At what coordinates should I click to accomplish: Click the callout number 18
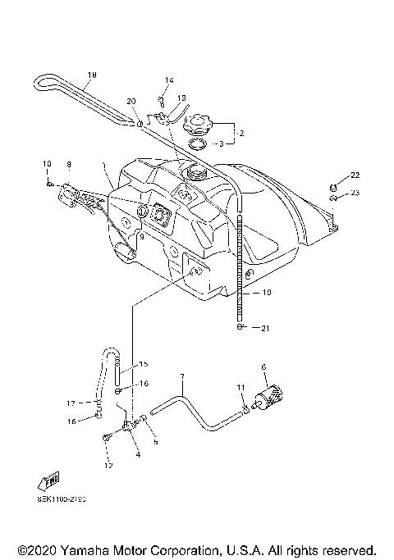pos(91,75)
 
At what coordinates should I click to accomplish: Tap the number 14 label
pos(169,80)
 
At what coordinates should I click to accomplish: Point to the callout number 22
pos(355,175)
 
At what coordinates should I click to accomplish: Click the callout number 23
pos(355,193)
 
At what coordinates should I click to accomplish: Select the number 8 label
pos(69,164)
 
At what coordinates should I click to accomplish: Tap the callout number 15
pos(143,364)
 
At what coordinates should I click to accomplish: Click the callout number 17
pos(72,403)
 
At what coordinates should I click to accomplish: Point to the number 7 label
pos(181,376)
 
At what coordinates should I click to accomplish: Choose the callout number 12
pos(107,466)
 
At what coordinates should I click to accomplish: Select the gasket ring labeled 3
pos(198,145)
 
